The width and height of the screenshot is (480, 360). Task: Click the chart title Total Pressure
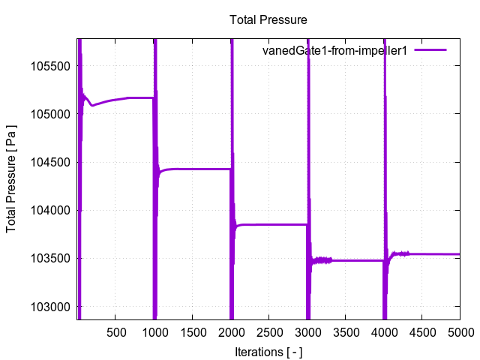pos(268,19)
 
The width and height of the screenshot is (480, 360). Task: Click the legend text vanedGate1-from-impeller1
pos(334,51)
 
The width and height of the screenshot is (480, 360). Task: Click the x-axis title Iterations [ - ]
pos(268,351)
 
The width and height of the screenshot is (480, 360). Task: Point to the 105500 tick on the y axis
pos(51,66)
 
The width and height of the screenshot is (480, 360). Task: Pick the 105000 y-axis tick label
pos(51,114)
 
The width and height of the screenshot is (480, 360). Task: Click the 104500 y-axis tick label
pos(51,162)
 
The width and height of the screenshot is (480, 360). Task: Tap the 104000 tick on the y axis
pos(51,210)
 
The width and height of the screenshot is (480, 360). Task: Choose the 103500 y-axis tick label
pos(51,259)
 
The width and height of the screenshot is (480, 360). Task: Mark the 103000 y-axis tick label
pos(51,307)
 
